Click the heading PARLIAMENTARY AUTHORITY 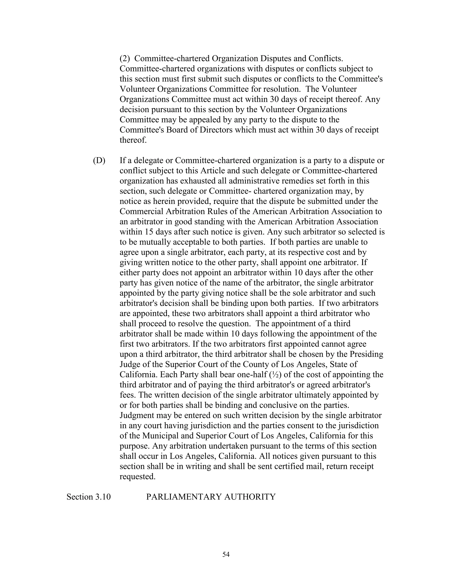[211, 497]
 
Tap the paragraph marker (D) [99, 160]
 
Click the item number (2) [124, 58]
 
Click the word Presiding [366, 354]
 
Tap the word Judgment [137, 415]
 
